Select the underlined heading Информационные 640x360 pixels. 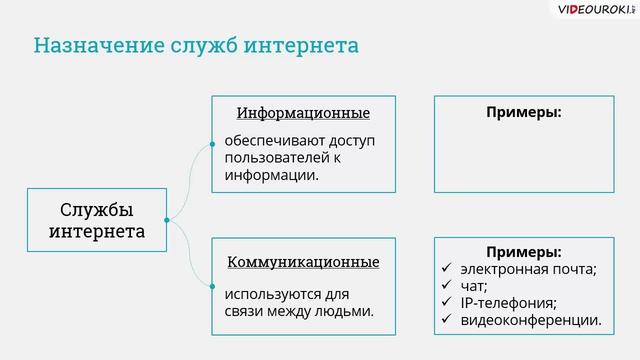tap(303, 113)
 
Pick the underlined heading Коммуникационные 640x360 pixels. tap(303, 263)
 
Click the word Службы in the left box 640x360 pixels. tap(96, 209)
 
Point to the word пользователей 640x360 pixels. tap(278, 157)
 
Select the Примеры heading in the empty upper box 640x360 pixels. tap(523, 113)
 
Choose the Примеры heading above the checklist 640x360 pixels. tap(523, 252)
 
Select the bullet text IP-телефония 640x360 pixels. tap(508, 303)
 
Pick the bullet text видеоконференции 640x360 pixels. tap(530, 321)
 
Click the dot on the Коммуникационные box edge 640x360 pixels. tap(212, 287)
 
